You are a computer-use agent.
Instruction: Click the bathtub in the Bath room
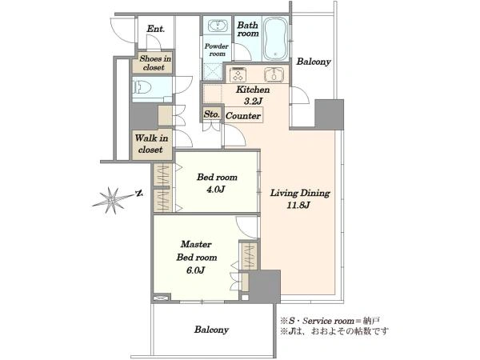coord(275,38)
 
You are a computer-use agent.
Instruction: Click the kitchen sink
coord(274,74)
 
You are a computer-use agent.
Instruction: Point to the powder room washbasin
coord(218,26)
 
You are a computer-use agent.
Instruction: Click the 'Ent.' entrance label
coord(156,29)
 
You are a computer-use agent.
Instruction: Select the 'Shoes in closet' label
coord(155,62)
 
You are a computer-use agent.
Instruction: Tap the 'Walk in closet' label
coord(151,144)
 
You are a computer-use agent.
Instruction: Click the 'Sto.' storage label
coord(212,114)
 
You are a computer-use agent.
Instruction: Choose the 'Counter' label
coord(243,116)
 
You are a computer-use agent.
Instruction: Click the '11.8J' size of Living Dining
coord(298,205)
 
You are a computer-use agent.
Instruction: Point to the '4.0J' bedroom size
coord(216,190)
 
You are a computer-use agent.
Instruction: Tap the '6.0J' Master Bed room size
coord(196,270)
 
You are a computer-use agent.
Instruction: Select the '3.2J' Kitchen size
coord(253,101)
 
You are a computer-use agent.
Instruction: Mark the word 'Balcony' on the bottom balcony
coord(211,330)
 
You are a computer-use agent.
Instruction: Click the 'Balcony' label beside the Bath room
coord(314,62)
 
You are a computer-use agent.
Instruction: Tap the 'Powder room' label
coord(217,50)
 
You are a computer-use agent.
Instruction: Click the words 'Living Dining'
coord(300,193)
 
